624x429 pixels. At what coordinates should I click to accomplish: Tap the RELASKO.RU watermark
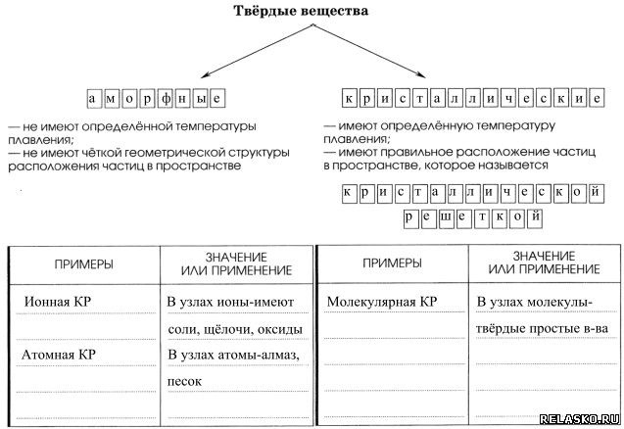pyautogui.click(x=582, y=414)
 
